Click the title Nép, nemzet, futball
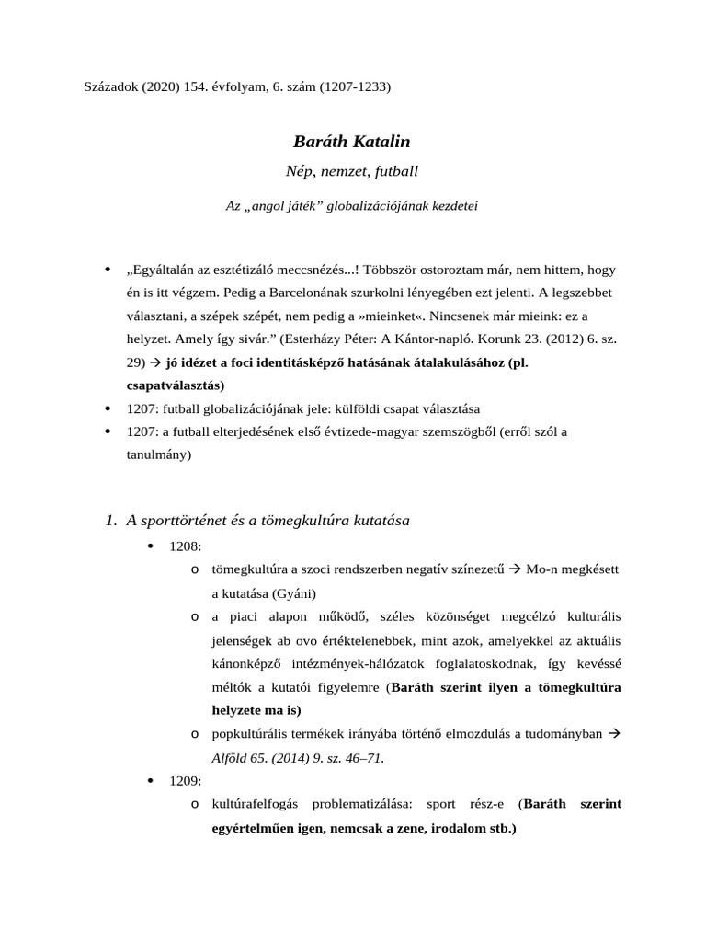[x=352, y=171]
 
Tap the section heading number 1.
[x=110, y=521]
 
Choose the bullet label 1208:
[x=186, y=546]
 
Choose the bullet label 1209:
[x=186, y=781]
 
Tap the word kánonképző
[x=245, y=663]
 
